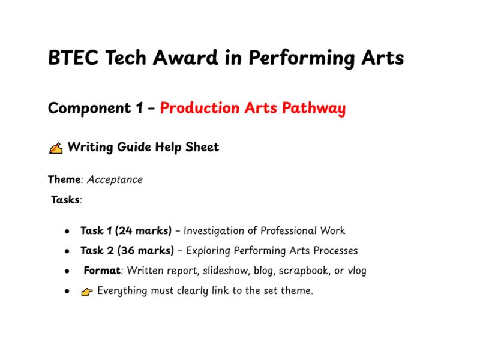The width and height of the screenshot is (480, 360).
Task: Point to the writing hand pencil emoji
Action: tap(55, 148)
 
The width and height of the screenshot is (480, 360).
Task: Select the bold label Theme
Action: tap(64, 179)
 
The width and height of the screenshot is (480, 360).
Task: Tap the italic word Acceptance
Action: tap(115, 179)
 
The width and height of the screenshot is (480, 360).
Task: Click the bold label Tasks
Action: tap(65, 200)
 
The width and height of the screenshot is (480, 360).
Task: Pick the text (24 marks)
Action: tap(143, 230)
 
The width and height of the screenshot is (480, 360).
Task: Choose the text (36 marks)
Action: tap(146, 250)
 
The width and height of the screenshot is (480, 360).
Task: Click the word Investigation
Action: tap(213, 230)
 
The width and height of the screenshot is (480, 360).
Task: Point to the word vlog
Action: tap(356, 271)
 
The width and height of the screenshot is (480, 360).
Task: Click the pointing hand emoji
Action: tap(87, 292)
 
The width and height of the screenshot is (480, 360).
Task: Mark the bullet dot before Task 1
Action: tap(67, 231)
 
